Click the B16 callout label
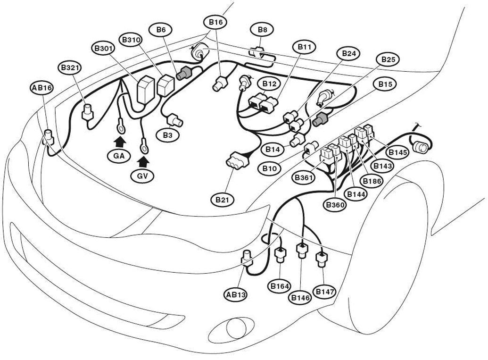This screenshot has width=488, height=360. click(x=215, y=22)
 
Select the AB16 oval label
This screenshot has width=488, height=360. click(x=42, y=88)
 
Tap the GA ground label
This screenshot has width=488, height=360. click(x=119, y=156)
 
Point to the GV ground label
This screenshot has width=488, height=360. click(x=142, y=176)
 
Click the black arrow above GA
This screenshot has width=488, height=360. click(x=120, y=142)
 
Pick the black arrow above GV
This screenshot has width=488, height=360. click(x=143, y=162)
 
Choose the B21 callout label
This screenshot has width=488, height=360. click(x=222, y=200)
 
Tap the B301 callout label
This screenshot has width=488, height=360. click(x=103, y=49)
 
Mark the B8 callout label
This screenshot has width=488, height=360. click(x=262, y=30)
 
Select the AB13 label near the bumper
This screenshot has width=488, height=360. click(x=236, y=294)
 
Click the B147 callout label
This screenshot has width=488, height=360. click(x=325, y=292)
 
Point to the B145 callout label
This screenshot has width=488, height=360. click(x=397, y=152)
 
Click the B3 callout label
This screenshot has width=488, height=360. click(x=167, y=135)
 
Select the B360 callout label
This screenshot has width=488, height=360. click(x=335, y=205)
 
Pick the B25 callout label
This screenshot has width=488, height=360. click(x=388, y=59)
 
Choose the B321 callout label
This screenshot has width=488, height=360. click(x=70, y=68)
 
